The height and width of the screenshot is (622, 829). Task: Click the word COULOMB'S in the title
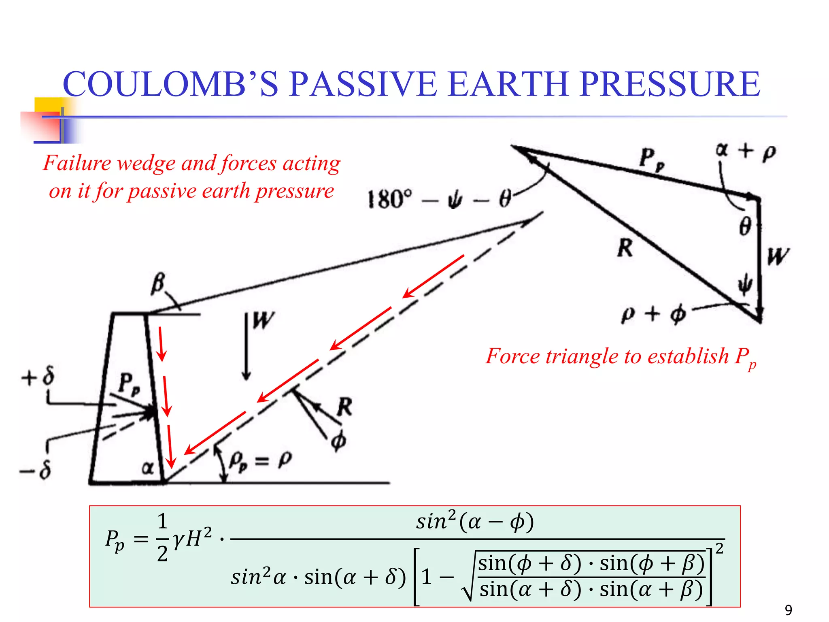point(170,84)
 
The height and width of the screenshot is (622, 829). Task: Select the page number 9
point(788,610)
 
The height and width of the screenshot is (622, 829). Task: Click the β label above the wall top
point(158,283)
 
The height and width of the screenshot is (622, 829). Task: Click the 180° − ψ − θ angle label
point(439,199)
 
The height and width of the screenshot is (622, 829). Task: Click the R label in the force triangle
point(625,247)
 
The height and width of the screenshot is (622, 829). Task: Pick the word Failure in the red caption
point(77,163)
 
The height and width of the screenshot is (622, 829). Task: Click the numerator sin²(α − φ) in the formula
point(475,522)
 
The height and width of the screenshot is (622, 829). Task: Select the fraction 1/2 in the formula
point(162,537)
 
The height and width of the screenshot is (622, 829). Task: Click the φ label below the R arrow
point(338,441)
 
